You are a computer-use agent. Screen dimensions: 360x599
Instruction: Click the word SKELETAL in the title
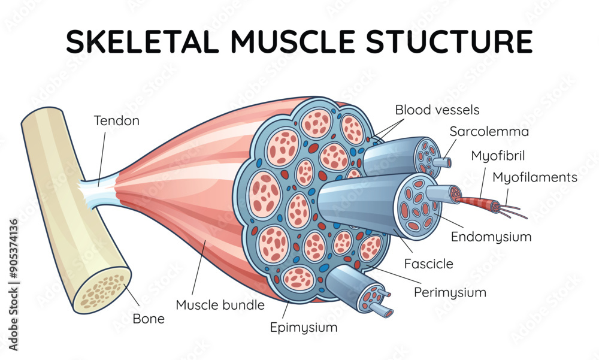click(x=143, y=42)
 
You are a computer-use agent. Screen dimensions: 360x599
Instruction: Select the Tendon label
click(x=117, y=120)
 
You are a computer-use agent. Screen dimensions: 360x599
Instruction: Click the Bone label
click(x=149, y=319)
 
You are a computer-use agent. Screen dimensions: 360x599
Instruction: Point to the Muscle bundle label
click(x=220, y=305)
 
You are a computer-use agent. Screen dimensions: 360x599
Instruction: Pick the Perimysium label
click(x=450, y=292)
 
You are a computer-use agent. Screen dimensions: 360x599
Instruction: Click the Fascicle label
click(x=428, y=264)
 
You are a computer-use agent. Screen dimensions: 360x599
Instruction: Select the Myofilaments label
click(x=534, y=177)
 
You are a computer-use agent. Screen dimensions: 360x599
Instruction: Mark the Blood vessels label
click(x=437, y=110)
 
